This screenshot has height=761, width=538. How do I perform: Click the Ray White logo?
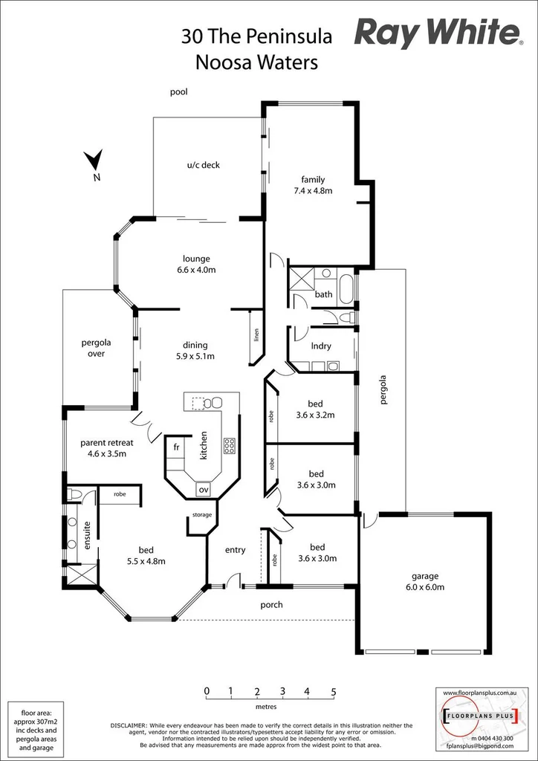coord(437,34)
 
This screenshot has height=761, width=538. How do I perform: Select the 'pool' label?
coord(178,92)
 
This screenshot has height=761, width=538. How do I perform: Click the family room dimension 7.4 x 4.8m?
coord(312,191)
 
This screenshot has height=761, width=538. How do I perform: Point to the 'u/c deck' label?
coord(203,165)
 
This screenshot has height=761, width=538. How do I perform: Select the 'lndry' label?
coord(321,346)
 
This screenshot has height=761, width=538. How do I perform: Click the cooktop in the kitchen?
coord(230,446)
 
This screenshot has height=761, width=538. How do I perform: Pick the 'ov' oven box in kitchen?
coord(202,489)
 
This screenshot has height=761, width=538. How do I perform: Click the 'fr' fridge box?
coord(176,447)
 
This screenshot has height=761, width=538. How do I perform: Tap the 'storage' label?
coord(202,514)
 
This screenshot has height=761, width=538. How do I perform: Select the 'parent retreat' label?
coord(107,443)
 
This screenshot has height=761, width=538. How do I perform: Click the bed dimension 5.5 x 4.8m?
coord(145,561)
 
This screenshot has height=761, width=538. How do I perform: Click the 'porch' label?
coord(271,604)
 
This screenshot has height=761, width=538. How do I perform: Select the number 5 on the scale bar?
coord(334,690)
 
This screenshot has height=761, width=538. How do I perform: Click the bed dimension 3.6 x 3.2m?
coord(317,415)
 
